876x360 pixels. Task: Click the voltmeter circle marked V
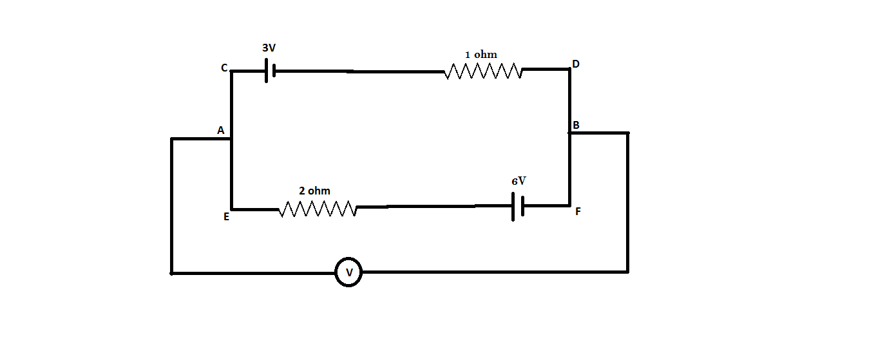pyautogui.click(x=348, y=272)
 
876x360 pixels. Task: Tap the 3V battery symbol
pyautogui.click(x=270, y=71)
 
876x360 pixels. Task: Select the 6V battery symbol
pyautogui.click(x=517, y=206)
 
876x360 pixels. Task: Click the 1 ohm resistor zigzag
pyautogui.click(x=483, y=71)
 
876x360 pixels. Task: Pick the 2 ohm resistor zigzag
pyautogui.click(x=318, y=209)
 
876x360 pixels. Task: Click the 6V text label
pyautogui.click(x=519, y=182)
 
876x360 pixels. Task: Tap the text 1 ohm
pyautogui.click(x=481, y=55)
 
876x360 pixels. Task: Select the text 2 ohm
pyautogui.click(x=314, y=191)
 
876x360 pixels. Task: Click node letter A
pyautogui.click(x=220, y=131)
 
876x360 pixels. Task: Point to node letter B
pyautogui.click(x=576, y=125)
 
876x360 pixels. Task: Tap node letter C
pyautogui.click(x=224, y=68)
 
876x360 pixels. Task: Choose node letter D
pyautogui.click(x=576, y=64)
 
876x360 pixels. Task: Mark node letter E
pyautogui.click(x=226, y=217)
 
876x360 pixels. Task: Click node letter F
pyautogui.click(x=578, y=211)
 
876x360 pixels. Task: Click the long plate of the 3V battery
pyautogui.click(x=266, y=71)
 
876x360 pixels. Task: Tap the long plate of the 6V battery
pyautogui.click(x=513, y=206)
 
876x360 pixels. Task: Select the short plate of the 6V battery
pyautogui.click(x=522, y=206)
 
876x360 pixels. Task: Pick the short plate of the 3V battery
pyautogui.click(x=274, y=71)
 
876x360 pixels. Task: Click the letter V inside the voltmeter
pyautogui.click(x=348, y=272)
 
